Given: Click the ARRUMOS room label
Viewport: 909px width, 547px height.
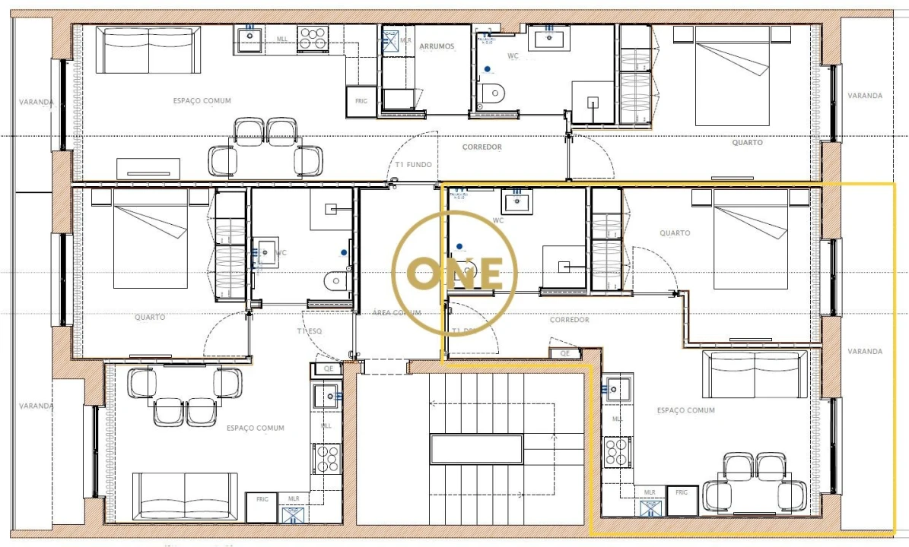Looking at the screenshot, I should [437, 46].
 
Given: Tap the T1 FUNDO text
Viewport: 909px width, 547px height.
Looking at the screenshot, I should [414, 165].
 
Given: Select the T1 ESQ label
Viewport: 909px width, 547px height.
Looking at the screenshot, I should [310, 331].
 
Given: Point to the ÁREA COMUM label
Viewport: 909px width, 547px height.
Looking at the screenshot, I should [396, 312].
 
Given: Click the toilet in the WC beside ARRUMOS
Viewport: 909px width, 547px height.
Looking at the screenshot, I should [493, 93].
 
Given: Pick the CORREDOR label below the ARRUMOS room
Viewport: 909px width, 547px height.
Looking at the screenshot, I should [482, 147].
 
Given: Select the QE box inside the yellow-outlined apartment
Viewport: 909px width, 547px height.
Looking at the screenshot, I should [564, 353].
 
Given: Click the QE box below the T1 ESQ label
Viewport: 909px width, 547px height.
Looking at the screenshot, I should [329, 368].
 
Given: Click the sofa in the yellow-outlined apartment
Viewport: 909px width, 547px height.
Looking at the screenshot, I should [755, 375].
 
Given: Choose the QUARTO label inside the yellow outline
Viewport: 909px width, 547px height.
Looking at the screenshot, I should [675, 233].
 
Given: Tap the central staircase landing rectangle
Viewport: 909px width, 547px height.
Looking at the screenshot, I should [476, 449].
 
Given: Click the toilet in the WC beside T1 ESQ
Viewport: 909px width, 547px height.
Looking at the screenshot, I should [335, 281].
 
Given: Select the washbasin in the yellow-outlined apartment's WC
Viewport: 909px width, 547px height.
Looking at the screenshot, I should [518, 202].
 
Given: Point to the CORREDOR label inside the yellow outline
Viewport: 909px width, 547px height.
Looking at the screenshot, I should [570, 320].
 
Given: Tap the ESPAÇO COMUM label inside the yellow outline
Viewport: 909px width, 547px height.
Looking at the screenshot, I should [685, 410].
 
